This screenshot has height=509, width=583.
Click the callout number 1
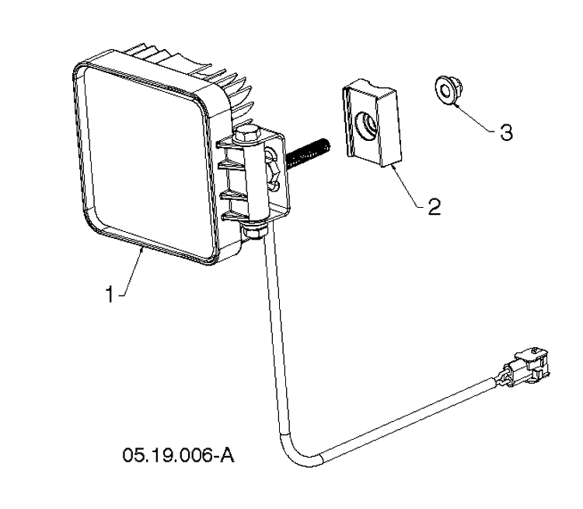tap(110, 294)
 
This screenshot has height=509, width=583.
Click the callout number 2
tap(434, 206)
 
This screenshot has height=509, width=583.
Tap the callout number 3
tap(506, 132)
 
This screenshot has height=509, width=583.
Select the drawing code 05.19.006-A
tap(179, 455)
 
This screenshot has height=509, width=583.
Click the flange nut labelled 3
tap(447, 90)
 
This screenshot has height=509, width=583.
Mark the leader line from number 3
tap(475, 118)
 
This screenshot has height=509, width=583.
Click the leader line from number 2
tap(405, 187)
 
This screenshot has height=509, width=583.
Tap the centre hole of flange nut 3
tap(444, 90)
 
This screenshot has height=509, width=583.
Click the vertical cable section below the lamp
tap(273, 335)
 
